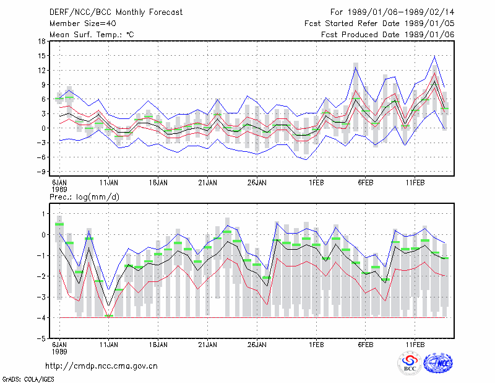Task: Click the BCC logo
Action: pos(410,363)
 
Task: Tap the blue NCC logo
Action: pos(438,363)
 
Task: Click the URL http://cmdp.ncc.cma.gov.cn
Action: pos(101,366)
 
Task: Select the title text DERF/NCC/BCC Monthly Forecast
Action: pos(116,12)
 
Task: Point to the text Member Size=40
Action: pos(83,24)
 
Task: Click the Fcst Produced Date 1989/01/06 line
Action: pos(387,35)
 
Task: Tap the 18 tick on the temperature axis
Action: pos(41,41)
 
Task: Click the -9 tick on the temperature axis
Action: pos(41,172)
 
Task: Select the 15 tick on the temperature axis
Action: pos(41,56)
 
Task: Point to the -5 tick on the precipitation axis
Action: pos(41,338)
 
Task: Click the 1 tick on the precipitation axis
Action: pos(43,214)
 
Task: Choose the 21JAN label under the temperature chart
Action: pos(207,183)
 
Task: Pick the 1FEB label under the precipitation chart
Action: pos(316,345)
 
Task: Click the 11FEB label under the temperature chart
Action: pos(415,183)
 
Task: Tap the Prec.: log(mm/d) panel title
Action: pos(84,197)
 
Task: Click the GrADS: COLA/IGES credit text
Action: pos(28,379)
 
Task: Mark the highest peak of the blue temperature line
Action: pos(434,56)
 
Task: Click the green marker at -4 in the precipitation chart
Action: pos(109,315)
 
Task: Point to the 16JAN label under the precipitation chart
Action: pos(158,345)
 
